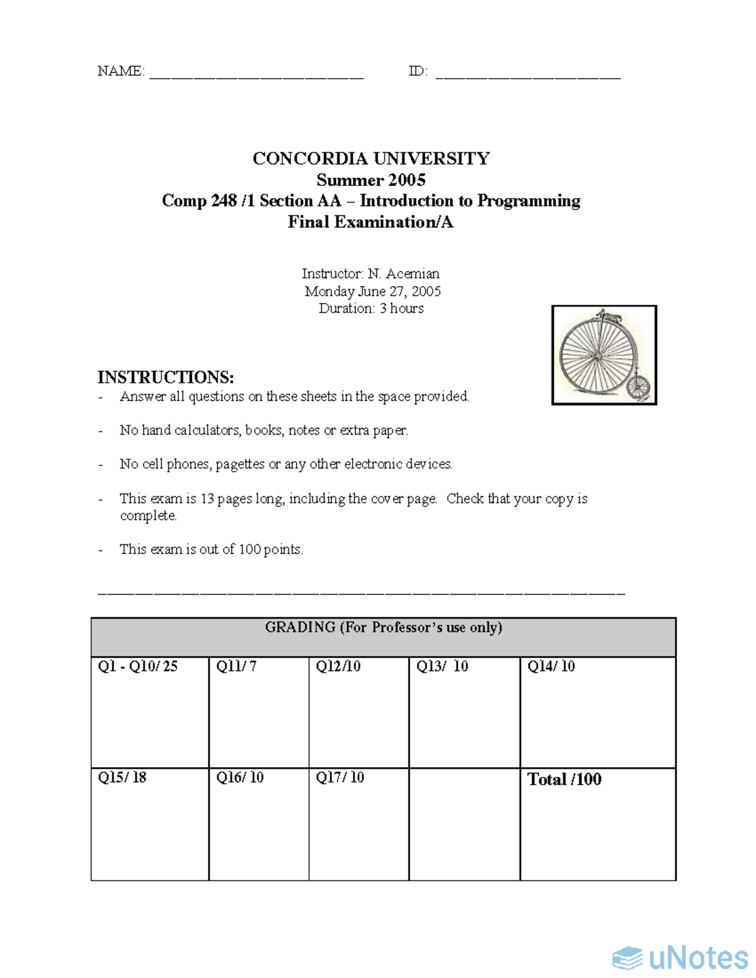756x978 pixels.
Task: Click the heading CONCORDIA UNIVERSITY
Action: pyautogui.click(x=371, y=158)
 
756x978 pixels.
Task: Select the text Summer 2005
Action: pyautogui.click(x=371, y=180)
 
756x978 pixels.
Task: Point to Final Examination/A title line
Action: pyautogui.click(x=370, y=222)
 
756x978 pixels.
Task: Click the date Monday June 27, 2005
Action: pyautogui.click(x=372, y=291)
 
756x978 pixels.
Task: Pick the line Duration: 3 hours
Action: pyautogui.click(x=371, y=309)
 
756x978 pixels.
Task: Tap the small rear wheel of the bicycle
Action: pyautogui.click(x=638, y=387)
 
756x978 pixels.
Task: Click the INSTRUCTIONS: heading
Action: pyautogui.click(x=166, y=377)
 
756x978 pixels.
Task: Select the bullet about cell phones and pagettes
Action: pyautogui.click(x=286, y=464)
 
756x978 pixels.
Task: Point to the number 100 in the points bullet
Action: pyautogui.click(x=249, y=549)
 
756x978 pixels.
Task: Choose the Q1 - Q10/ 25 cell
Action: pyautogui.click(x=150, y=712)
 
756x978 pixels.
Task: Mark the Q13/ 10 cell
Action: pyautogui.click(x=464, y=712)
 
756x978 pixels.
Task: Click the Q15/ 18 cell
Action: pyautogui.click(x=150, y=824)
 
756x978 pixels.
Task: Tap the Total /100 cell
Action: pyautogui.click(x=597, y=824)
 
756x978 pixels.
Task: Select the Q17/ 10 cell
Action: pyautogui.click(x=358, y=824)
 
